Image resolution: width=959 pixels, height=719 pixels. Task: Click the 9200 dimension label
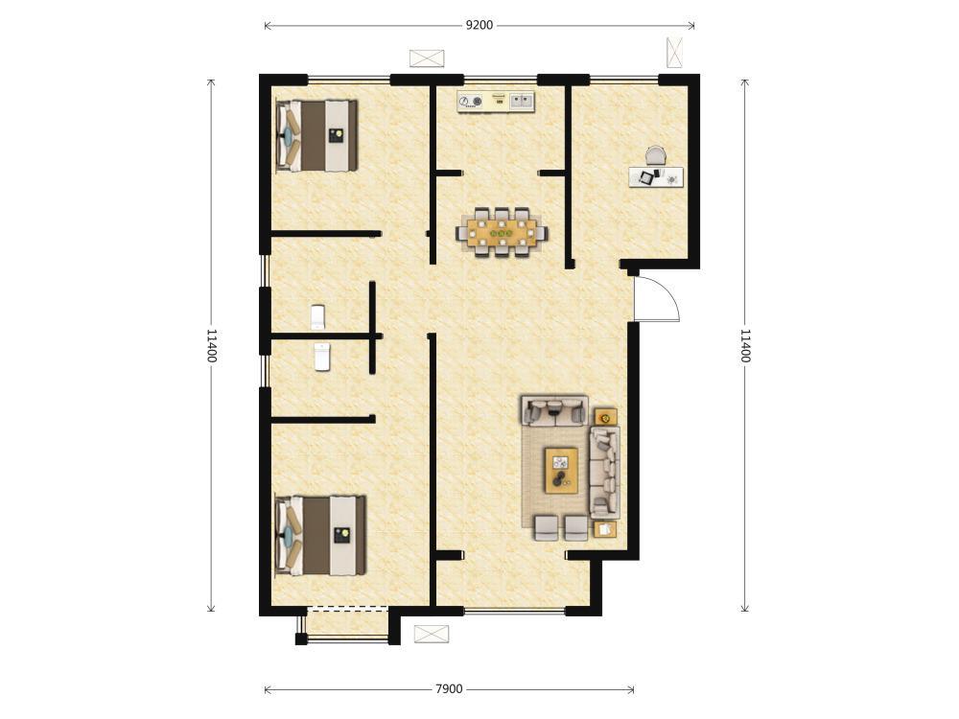point(479,25)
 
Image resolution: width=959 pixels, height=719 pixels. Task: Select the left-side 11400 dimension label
point(211,345)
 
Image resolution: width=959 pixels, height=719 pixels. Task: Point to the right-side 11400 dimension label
point(745,345)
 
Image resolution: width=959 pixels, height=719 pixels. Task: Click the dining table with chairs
point(502,233)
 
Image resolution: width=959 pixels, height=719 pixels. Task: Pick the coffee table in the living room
point(561,470)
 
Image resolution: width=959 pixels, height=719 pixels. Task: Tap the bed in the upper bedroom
point(316,136)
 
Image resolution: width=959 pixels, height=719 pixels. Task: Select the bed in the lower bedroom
point(320,536)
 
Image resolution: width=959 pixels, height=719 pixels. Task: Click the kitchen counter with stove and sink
point(496,101)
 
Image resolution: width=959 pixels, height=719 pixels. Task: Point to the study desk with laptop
point(656,176)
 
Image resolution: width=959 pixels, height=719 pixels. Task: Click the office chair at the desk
point(655,155)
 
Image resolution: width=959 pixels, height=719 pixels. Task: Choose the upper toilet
point(317,317)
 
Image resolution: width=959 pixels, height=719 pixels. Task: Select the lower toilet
point(322,357)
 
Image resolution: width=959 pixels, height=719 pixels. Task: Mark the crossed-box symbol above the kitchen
point(427,58)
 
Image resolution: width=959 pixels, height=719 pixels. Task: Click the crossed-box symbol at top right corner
point(674,53)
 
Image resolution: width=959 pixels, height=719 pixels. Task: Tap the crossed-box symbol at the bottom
point(432,634)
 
